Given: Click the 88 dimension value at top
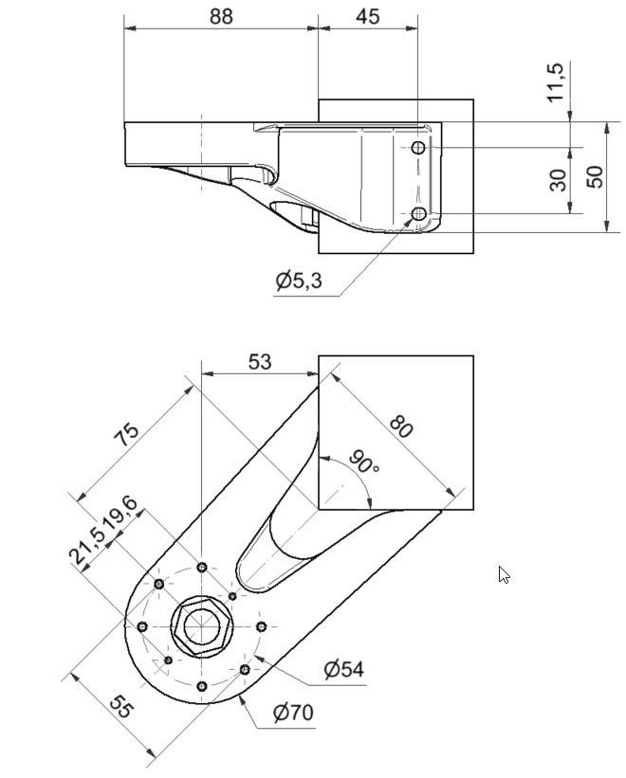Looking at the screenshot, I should (219, 16).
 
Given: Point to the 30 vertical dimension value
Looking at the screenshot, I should (560, 179).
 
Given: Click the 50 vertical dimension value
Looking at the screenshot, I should (595, 176).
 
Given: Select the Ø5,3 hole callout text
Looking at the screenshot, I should (299, 280).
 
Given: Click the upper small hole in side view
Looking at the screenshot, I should (419, 148).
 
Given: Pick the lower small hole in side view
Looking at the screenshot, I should (419, 214).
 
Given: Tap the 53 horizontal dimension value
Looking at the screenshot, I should (259, 361).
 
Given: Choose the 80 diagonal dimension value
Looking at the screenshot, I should (401, 426).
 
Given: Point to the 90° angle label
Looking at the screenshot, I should (364, 461).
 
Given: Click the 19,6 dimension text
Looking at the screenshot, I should (120, 517).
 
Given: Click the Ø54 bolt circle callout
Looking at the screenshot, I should (343, 669).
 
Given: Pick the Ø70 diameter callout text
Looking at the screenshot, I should (293, 712).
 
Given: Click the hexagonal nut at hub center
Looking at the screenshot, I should (200, 626).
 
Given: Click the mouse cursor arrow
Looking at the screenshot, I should (504, 574).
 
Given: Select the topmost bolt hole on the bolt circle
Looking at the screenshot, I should (201, 568).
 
